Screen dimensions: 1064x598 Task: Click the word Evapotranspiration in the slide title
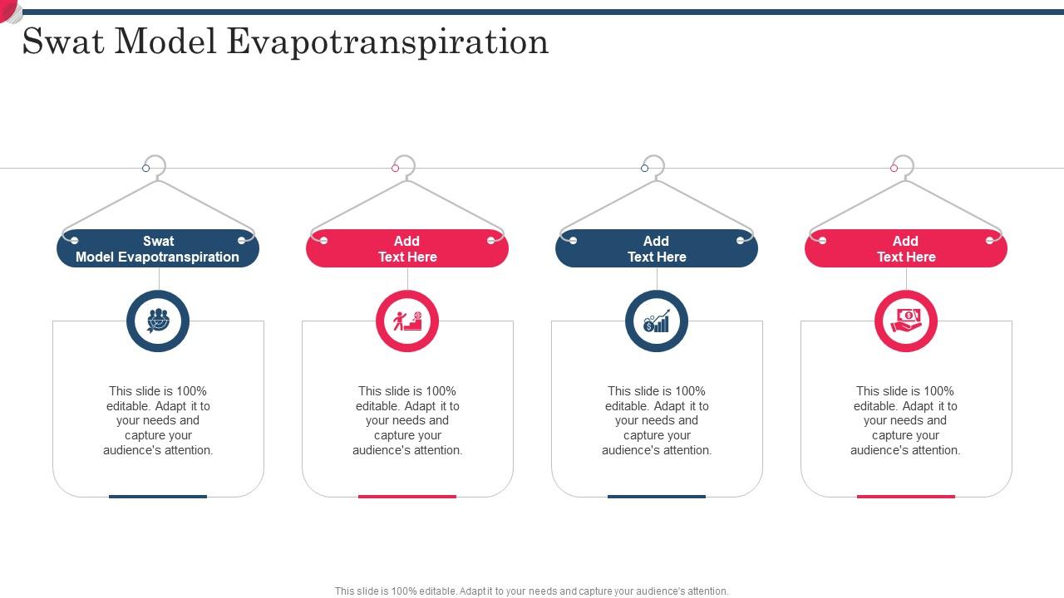387,42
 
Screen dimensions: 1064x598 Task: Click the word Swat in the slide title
62,42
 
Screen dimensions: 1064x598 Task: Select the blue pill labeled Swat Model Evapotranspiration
158,248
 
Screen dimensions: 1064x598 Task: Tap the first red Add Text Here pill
407,248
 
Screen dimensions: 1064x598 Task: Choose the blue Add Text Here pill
657,248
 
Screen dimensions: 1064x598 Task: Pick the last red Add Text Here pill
906,248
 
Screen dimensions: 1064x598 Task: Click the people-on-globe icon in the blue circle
158,321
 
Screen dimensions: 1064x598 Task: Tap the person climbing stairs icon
407,321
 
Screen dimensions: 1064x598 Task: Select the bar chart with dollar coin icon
657,321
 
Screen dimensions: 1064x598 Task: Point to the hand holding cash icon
906,321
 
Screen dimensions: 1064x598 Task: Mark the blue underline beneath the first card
158,497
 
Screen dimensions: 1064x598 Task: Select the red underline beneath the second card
407,497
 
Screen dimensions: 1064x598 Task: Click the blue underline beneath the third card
657,497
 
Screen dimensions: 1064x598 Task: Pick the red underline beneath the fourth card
906,497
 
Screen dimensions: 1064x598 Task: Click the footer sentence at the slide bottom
531,591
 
